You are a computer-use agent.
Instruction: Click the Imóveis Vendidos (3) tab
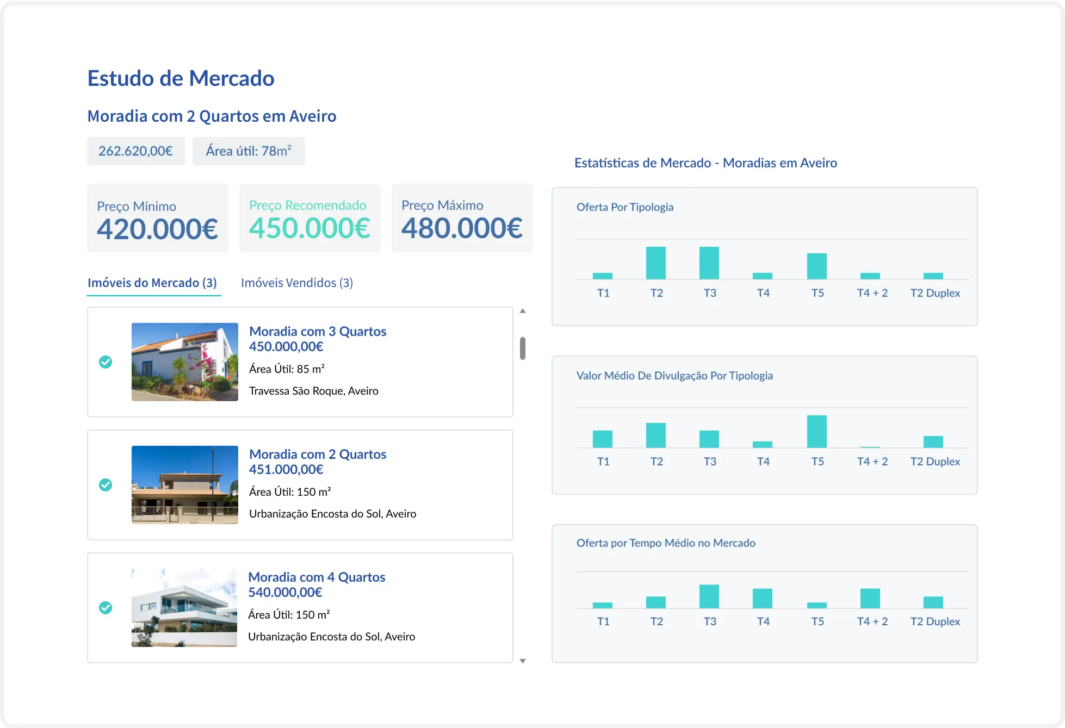[x=296, y=283]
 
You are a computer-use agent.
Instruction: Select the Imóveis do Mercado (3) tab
[x=152, y=283]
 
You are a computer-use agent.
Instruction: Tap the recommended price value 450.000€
[x=309, y=228]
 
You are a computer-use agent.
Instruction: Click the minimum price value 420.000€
[x=157, y=229]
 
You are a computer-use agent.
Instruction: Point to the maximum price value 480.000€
[x=462, y=228]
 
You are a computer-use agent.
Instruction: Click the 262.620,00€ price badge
[x=135, y=151]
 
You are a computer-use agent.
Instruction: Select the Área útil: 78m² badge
[x=249, y=151]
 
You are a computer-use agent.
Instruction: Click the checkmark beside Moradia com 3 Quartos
[x=106, y=362]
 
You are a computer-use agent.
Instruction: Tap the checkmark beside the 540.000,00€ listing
[x=106, y=608]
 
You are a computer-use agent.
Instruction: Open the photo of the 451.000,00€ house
[x=185, y=485]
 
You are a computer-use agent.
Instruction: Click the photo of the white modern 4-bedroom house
[x=184, y=608]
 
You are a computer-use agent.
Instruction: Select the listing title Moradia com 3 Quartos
[x=318, y=331]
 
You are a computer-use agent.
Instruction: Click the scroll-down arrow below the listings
[x=523, y=661]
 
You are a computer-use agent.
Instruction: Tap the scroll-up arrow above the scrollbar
[x=523, y=311]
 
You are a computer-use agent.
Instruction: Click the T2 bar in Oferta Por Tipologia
[x=656, y=263]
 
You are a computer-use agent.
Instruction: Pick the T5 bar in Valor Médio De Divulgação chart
[x=817, y=432]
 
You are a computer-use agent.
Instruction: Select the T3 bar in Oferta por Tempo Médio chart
[x=709, y=596]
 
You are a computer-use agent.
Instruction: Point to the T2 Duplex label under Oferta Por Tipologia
[x=935, y=293]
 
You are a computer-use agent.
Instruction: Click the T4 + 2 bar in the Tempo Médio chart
[x=870, y=599]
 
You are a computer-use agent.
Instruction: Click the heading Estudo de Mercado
[x=181, y=78]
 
